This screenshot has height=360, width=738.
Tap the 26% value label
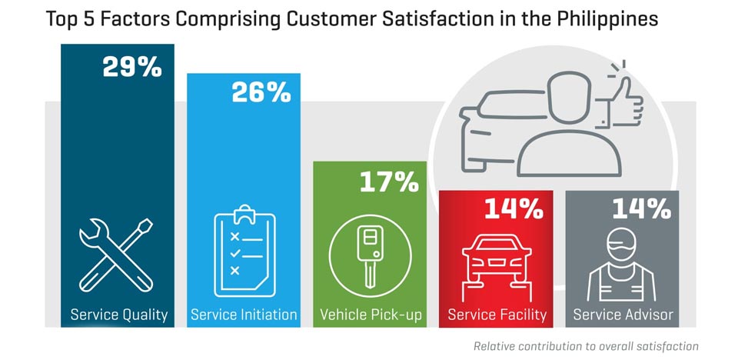coord(261,93)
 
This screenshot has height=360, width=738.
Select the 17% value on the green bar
coord(388,182)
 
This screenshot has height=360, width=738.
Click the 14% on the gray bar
coord(641,208)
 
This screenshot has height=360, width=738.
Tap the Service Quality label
coord(118,315)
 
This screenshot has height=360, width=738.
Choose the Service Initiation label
coord(244,315)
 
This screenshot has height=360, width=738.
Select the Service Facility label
coord(497,315)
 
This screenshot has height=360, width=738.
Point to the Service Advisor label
coord(623,315)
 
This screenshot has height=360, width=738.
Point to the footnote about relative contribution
coord(586,346)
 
